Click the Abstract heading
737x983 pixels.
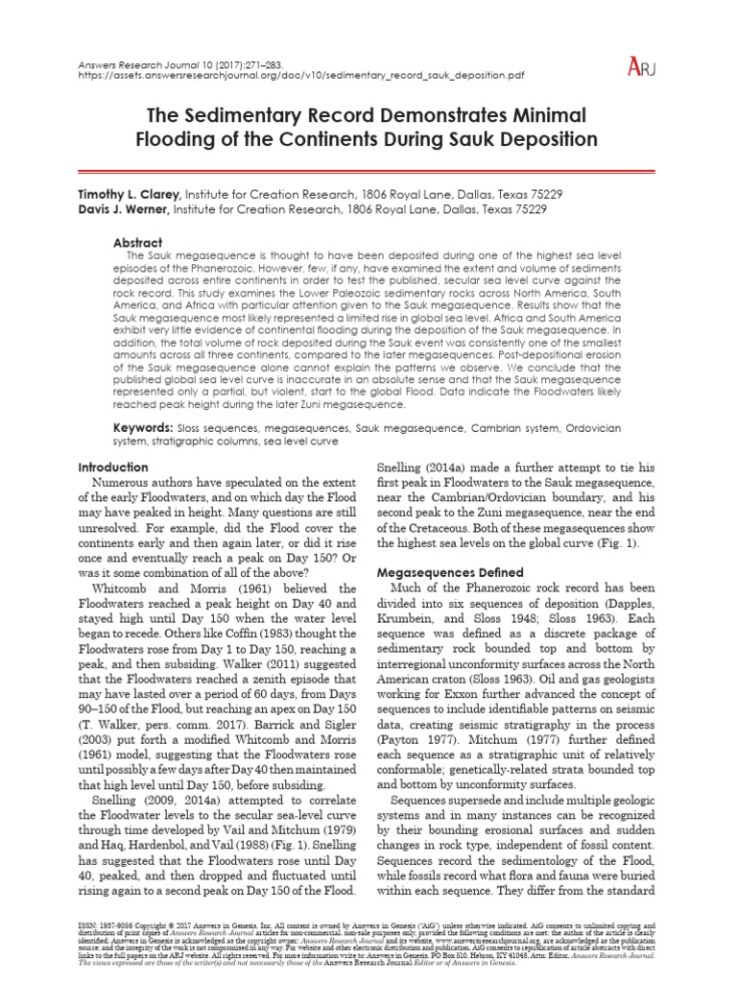[138, 243]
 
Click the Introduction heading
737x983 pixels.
[112, 467]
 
